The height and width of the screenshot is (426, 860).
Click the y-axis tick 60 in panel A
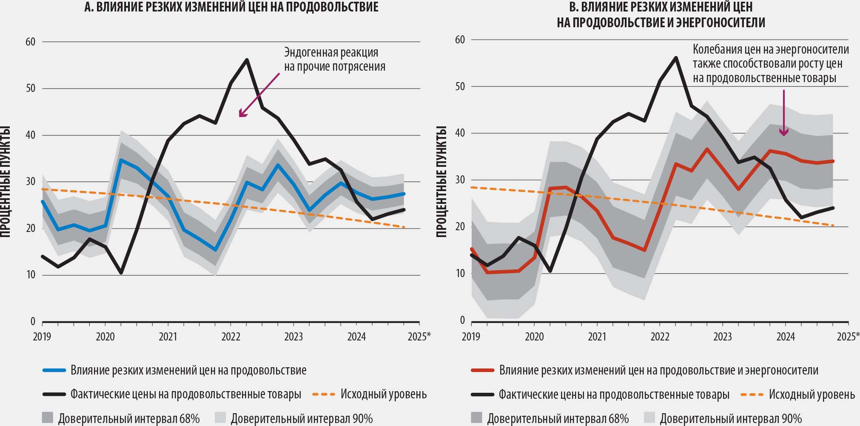[x=30, y=42]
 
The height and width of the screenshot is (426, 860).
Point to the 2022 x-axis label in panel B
[x=660, y=337]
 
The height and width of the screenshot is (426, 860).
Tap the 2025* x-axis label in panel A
[x=419, y=337]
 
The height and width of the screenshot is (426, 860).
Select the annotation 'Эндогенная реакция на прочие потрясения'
[x=335, y=60]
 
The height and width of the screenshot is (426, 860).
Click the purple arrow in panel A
[x=259, y=95]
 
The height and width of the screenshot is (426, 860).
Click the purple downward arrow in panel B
[x=783, y=113]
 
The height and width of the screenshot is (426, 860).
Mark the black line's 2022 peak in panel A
[x=247, y=60]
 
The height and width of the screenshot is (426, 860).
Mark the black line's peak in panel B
[x=676, y=57]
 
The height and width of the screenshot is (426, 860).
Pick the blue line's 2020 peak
[x=121, y=160]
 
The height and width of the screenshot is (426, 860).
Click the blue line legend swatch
[x=54, y=371]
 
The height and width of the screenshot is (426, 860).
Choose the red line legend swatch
[x=483, y=371]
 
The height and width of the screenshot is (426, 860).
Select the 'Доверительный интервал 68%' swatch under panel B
[x=477, y=418]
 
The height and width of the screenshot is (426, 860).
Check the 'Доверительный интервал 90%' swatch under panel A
[x=220, y=418]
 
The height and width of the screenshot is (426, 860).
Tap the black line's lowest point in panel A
[x=121, y=273]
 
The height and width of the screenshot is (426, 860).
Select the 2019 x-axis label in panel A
[x=42, y=337]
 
